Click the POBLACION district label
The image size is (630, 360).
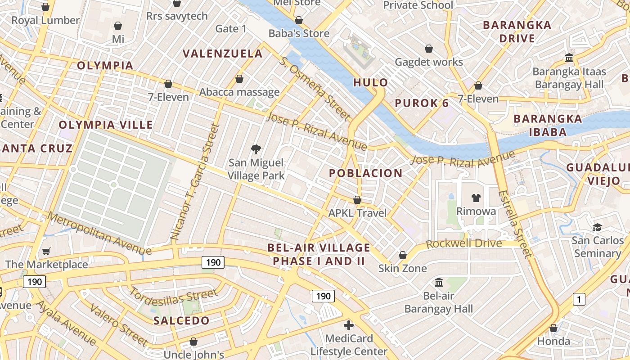365,173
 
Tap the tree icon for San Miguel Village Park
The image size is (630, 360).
256,149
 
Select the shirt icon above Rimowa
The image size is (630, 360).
476,198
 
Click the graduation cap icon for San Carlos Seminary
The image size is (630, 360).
597,227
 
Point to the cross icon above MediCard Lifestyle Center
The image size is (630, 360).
349,325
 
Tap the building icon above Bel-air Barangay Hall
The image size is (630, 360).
438,283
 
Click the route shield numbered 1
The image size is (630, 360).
579,299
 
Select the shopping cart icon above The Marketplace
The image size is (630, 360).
46,251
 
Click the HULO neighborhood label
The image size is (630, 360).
370,82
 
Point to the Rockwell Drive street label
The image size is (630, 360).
463,244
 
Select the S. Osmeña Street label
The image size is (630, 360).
315,89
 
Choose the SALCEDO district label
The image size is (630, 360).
181,321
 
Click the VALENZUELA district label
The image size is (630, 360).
222,54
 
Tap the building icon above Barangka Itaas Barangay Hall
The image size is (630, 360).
569,58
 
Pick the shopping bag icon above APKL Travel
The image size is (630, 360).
357,199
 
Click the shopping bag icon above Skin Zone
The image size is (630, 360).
402,255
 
